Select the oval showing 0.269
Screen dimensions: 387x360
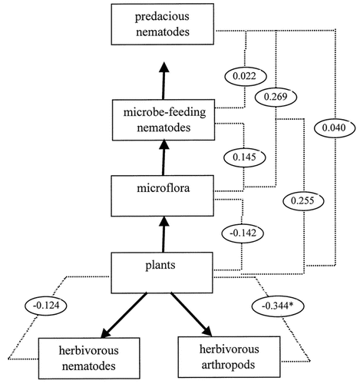coord(280,97)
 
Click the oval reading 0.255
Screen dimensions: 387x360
coord(303,200)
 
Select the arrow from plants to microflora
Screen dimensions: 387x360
coord(162,230)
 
